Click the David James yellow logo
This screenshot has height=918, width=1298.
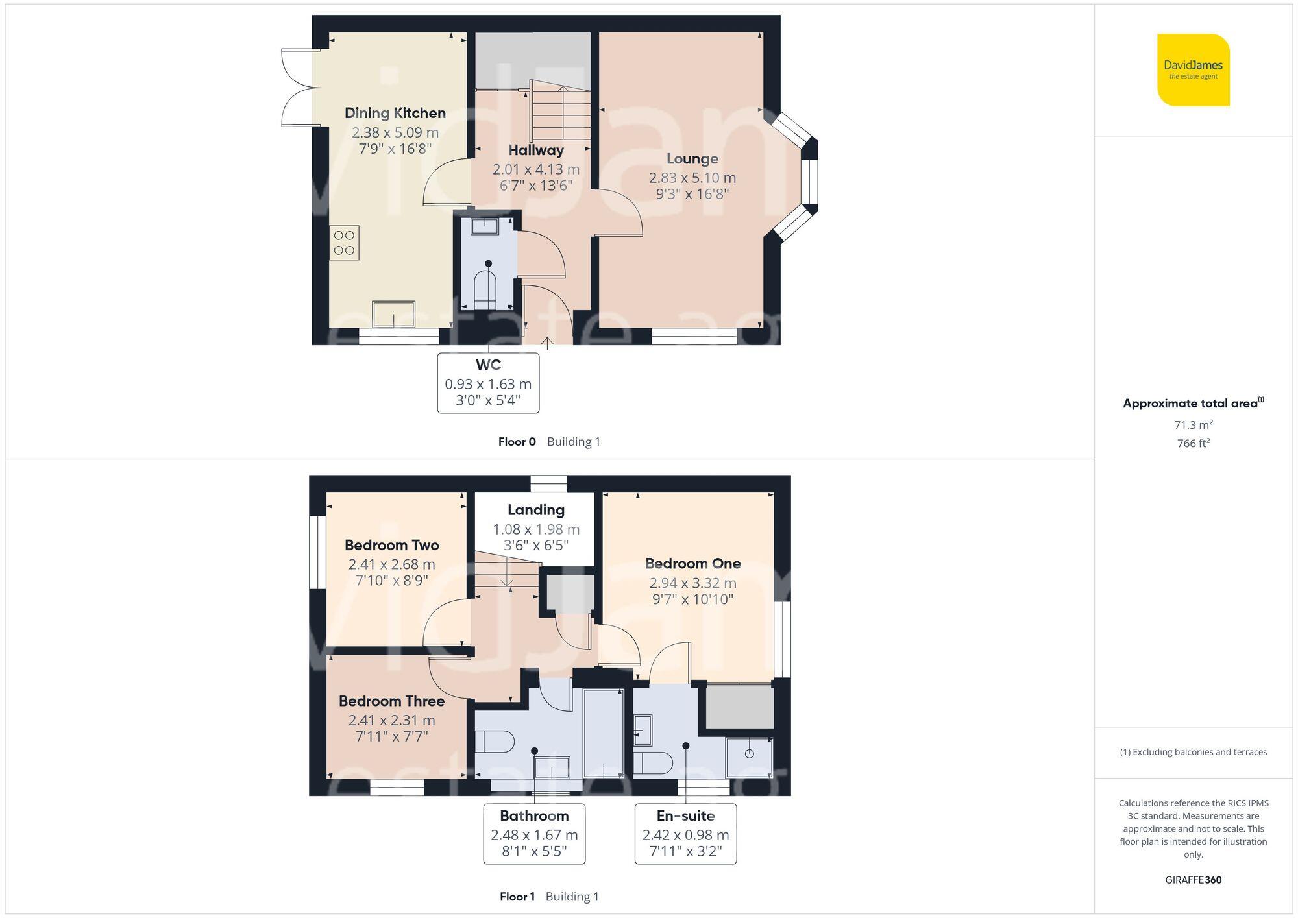coord(1193,70)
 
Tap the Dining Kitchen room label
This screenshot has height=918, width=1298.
coord(395,113)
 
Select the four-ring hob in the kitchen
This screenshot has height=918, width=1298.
coord(344,243)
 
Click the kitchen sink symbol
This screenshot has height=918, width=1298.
coord(393,315)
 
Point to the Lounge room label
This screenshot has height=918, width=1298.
coord(692,159)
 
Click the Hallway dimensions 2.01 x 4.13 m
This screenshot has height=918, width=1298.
coord(535,169)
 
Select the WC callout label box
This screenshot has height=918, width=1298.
coord(488,383)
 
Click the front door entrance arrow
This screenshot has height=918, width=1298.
coord(547,343)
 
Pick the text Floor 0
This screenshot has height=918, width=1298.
coord(517,442)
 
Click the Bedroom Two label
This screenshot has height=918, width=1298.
coord(391,545)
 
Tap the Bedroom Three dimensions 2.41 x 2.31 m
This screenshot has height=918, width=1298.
coord(391,720)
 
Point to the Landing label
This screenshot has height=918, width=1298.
coord(535,510)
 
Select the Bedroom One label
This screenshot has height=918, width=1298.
coord(692,564)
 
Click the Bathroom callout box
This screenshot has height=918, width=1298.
coord(534,834)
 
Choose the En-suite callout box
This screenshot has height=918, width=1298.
coord(685,834)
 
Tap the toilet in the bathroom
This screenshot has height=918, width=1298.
coord(495,741)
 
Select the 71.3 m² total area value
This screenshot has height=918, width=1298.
coord(1193,425)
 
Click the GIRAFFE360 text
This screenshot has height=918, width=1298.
coord(1193,880)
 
